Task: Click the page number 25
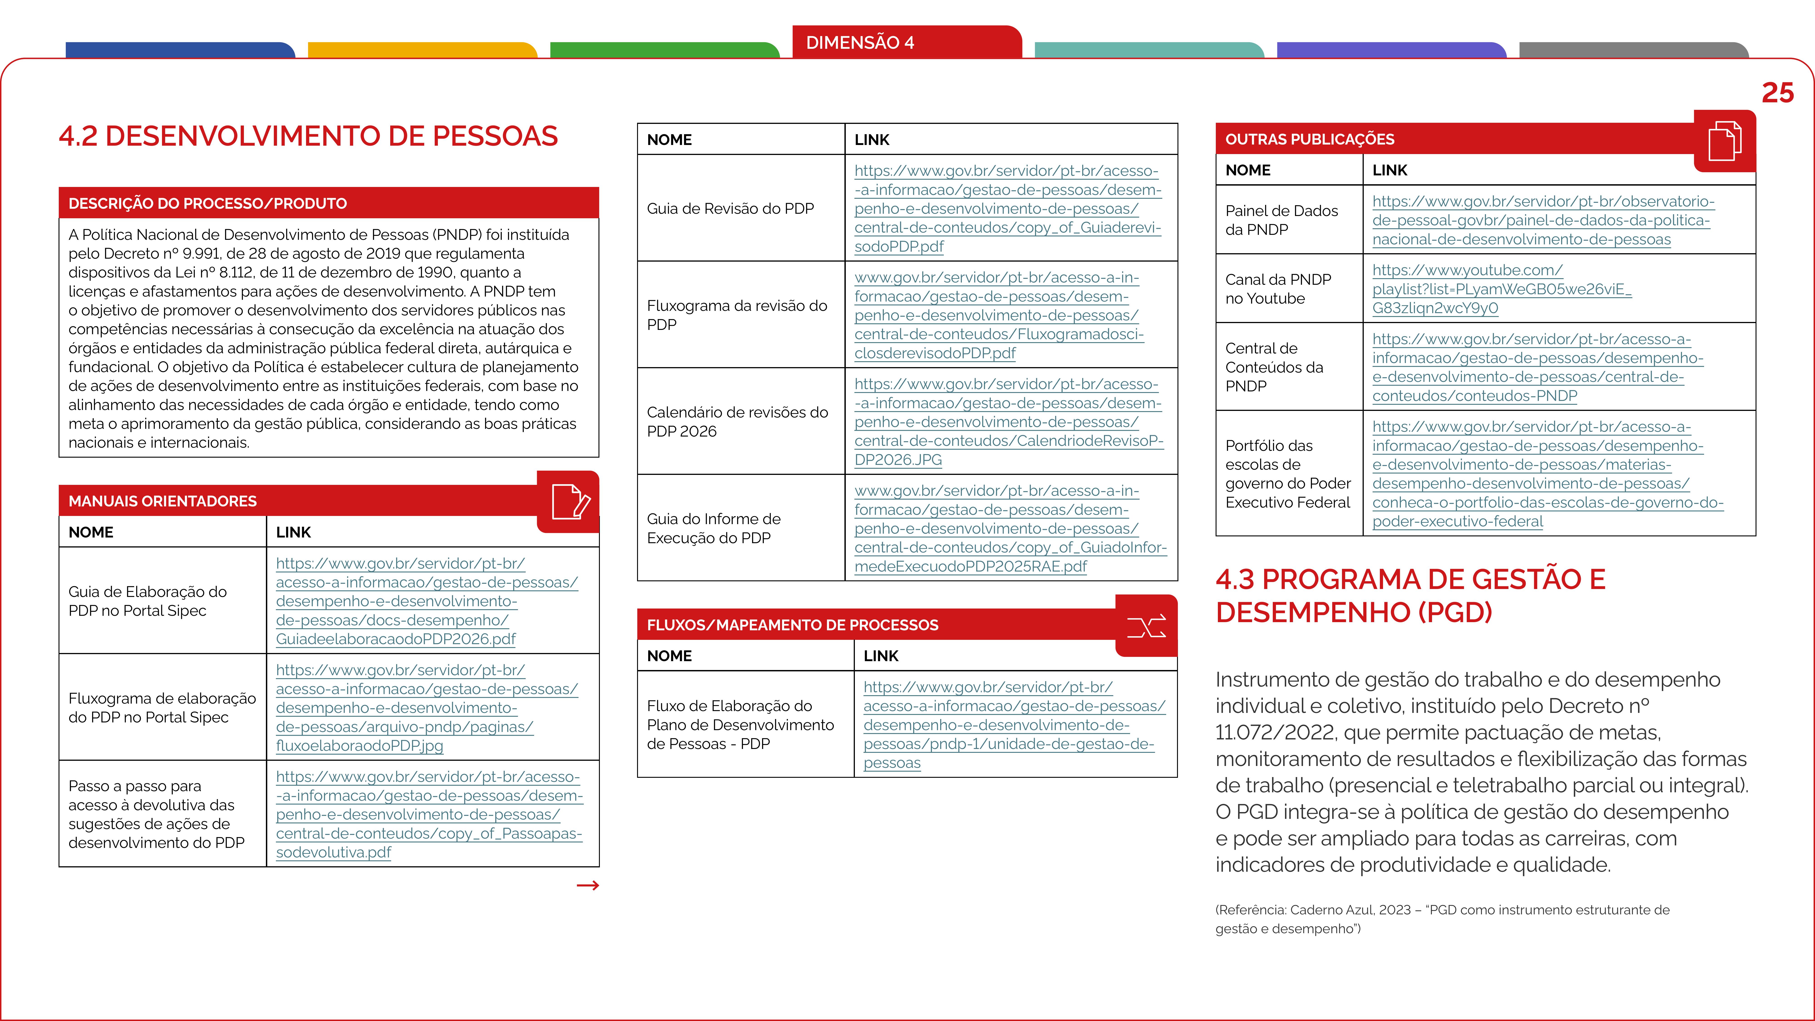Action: point(1777,93)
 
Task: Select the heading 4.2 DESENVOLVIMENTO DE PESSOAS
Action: point(308,136)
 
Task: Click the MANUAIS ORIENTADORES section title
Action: point(163,501)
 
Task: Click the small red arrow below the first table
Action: point(588,886)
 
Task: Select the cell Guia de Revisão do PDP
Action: point(730,209)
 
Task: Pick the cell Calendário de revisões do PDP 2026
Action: point(737,421)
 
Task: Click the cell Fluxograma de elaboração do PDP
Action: point(162,707)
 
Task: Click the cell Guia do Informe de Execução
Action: point(713,528)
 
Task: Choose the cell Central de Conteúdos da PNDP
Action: point(1274,367)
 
